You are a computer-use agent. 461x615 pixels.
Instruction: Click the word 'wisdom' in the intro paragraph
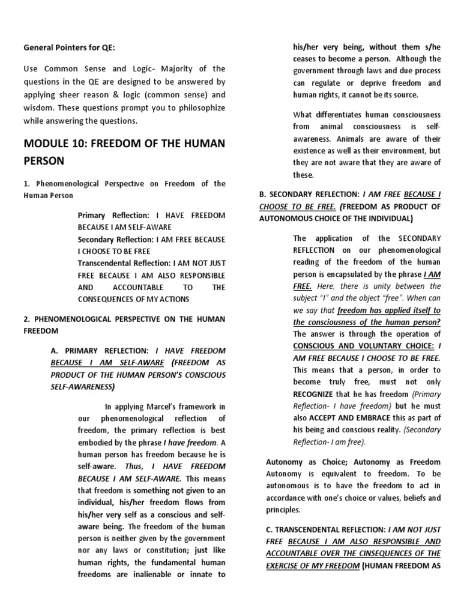tap(40, 108)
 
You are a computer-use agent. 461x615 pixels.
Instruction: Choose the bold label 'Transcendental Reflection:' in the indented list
tap(124, 262)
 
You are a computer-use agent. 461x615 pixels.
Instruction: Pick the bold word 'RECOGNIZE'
tap(316, 394)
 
